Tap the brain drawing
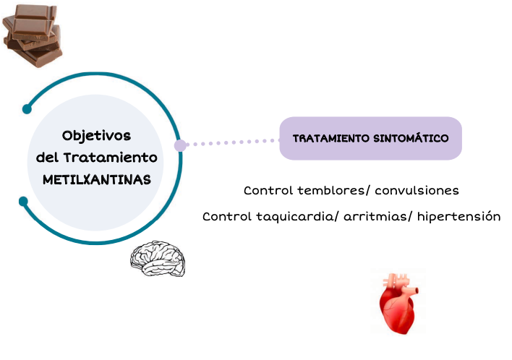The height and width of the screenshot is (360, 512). [x=158, y=259]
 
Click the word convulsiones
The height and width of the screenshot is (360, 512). [x=417, y=191]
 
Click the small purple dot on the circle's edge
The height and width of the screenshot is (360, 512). [x=180, y=145]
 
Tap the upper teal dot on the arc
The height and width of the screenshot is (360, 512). [x=27, y=109]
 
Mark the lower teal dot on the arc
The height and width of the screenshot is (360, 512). [x=23, y=200]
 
